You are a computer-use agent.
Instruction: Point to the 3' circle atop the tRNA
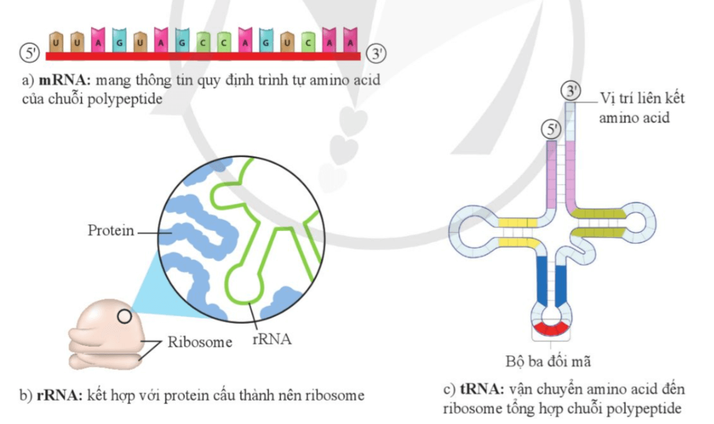pyautogui.click(x=571, y=91)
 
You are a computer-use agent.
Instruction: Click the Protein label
pyautogui.click(x=111, y=231)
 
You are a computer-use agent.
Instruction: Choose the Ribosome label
pyautogui.click(x=199, y=342)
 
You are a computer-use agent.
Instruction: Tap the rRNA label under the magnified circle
pyautogui.click(x=271, y=340)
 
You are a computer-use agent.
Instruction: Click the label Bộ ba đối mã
pyautogui.click(x=548, y=361)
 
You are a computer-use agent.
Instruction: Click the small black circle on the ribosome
pyautogui.click(x=124, y=316)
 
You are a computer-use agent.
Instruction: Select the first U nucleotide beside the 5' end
pyautogui.click(x=56, y=42)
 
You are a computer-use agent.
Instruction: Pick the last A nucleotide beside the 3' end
pyautogui.click(x=351, y=42)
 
